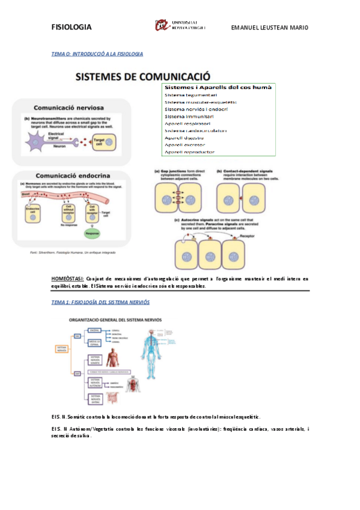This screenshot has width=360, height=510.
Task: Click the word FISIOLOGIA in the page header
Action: tap(72, 27)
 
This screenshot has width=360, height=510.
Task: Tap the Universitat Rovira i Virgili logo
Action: tap(180, 25)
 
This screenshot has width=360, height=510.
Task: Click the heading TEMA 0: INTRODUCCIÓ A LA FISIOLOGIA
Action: tap(97, 54)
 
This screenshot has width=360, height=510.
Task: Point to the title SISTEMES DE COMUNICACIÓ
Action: tap(142, 78)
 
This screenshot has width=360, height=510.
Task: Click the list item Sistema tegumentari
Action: tap(191, 94)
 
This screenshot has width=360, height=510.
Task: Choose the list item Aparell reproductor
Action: tap(189, 152)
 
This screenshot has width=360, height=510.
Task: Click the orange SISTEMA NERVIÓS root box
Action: tap(62, 349)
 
